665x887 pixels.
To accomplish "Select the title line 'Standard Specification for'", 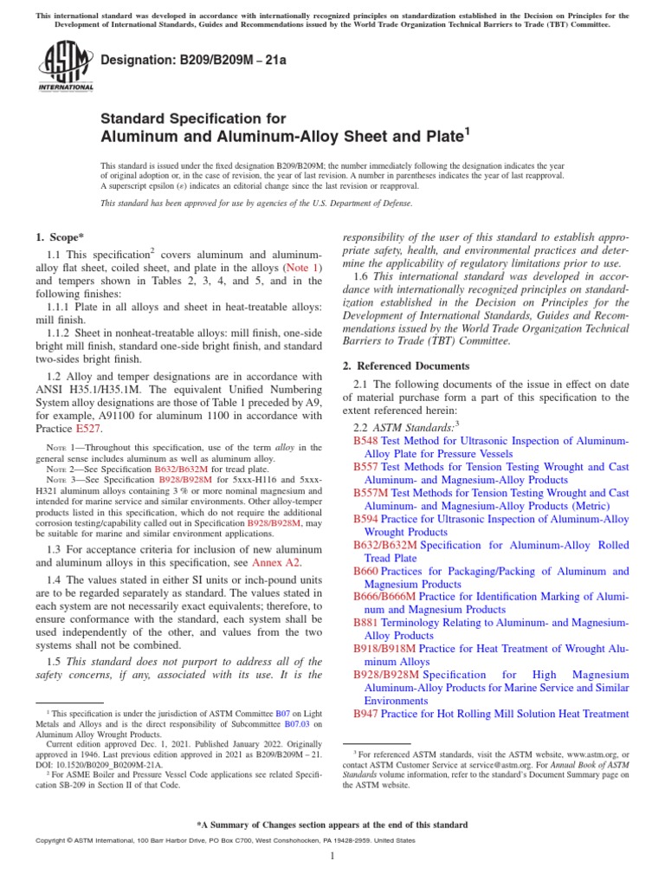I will coord(188,118).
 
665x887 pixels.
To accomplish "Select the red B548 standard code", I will coord(365,441).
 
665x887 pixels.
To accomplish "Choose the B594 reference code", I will coord(365,519).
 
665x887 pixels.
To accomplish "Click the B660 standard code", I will coord(365,571).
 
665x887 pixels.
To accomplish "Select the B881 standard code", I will coord(365,623).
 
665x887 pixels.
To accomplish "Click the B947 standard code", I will coord(365,714).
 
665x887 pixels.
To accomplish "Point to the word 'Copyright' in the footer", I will coord(52,840).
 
